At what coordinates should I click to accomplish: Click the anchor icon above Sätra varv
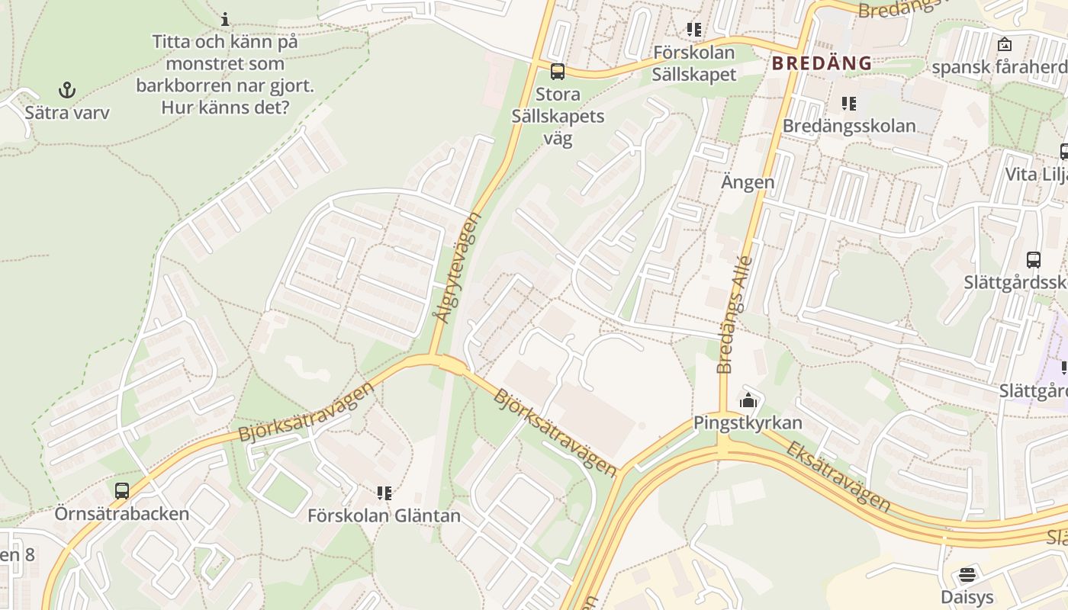click(68, 90)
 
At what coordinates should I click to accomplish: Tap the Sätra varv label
click(67, 113)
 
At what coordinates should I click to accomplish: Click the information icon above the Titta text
click(225, 18)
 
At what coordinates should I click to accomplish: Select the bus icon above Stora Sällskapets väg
click(558, 72)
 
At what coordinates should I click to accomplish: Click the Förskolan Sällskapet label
click(694, 63)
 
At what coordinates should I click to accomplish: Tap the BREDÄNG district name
click(822, 63)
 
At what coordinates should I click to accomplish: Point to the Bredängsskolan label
click(849, 125)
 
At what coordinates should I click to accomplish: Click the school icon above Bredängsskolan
click(848, 103)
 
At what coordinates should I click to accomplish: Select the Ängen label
click(748, 181)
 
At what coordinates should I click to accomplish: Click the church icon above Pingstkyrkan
click(748, 400)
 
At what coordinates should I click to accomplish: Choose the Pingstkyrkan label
click(748, 422)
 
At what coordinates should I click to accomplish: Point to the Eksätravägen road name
click(838, 476)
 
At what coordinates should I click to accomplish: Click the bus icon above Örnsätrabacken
click(122, 491)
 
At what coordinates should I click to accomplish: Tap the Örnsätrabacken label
click(122, 513)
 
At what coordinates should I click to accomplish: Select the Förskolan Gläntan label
click(384, 515)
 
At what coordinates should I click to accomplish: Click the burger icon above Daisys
click(967, 574)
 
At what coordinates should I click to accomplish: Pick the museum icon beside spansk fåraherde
click(1005, 44)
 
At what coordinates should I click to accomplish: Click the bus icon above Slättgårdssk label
click(1034, 260)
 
